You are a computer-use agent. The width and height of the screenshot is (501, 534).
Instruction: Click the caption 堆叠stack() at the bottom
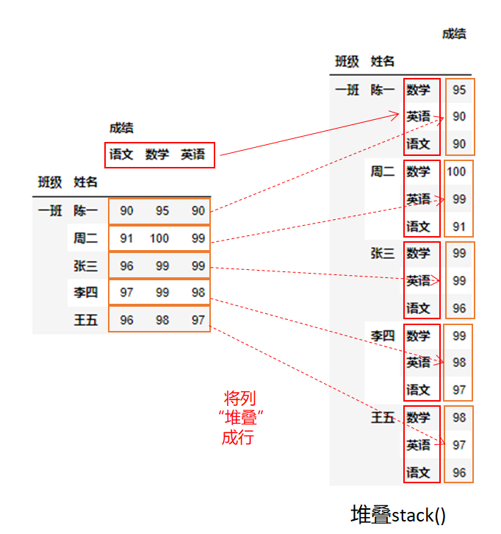coord(398,515)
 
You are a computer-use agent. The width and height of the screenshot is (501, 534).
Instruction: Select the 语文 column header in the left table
coord(121,154)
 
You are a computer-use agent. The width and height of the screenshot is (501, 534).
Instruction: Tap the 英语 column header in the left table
coord(193,154)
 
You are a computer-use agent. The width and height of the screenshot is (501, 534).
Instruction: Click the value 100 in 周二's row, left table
coord(159,238)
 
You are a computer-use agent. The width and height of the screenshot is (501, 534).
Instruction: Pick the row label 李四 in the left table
coord(85,293)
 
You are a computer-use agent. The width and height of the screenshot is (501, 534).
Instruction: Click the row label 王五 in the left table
coord(85,320)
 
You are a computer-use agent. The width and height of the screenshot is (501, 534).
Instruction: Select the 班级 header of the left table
coord(50,182)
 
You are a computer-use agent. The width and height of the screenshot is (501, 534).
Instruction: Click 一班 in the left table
coord(50,211)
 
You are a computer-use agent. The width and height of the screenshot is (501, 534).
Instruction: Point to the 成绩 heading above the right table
coord(454,33)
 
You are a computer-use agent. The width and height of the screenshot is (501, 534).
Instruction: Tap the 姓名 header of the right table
coord(383,61)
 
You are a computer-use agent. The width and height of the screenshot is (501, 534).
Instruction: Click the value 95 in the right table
coord(459,90)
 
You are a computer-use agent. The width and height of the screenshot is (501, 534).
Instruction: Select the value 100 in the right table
coord(456,171)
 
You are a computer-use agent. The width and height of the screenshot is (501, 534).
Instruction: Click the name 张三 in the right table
coord(383,253)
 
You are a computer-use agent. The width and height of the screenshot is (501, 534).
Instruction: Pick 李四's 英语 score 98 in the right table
coord(459,363)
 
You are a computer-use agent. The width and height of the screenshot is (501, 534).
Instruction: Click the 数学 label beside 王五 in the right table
coord(419,417)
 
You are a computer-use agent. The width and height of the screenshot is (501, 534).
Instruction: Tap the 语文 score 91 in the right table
coord(459,227)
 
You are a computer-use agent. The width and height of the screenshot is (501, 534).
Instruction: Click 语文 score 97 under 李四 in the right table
coord(459,390)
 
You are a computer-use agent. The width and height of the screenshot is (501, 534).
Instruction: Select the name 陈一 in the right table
coord(383,90)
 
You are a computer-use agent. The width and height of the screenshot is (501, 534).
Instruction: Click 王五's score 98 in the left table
coord(162,320)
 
